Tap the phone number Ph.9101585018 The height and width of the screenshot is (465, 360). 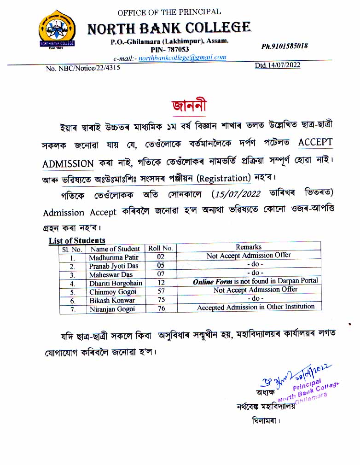click(285, 46)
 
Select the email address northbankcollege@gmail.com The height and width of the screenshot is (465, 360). click(175, 58)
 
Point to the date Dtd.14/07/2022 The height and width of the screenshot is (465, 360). click(278, 65)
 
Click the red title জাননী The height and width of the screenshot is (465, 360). click(188, 105)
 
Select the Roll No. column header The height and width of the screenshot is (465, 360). click(160, 248)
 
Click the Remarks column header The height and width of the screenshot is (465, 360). click(249, 247)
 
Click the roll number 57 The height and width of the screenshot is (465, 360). click(161, 291)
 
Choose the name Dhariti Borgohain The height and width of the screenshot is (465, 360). click(116, 283)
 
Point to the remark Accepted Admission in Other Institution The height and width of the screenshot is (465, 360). click(255, 307)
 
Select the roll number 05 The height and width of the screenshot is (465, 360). click(161, 266)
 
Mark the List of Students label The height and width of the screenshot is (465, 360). click(77, 240)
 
